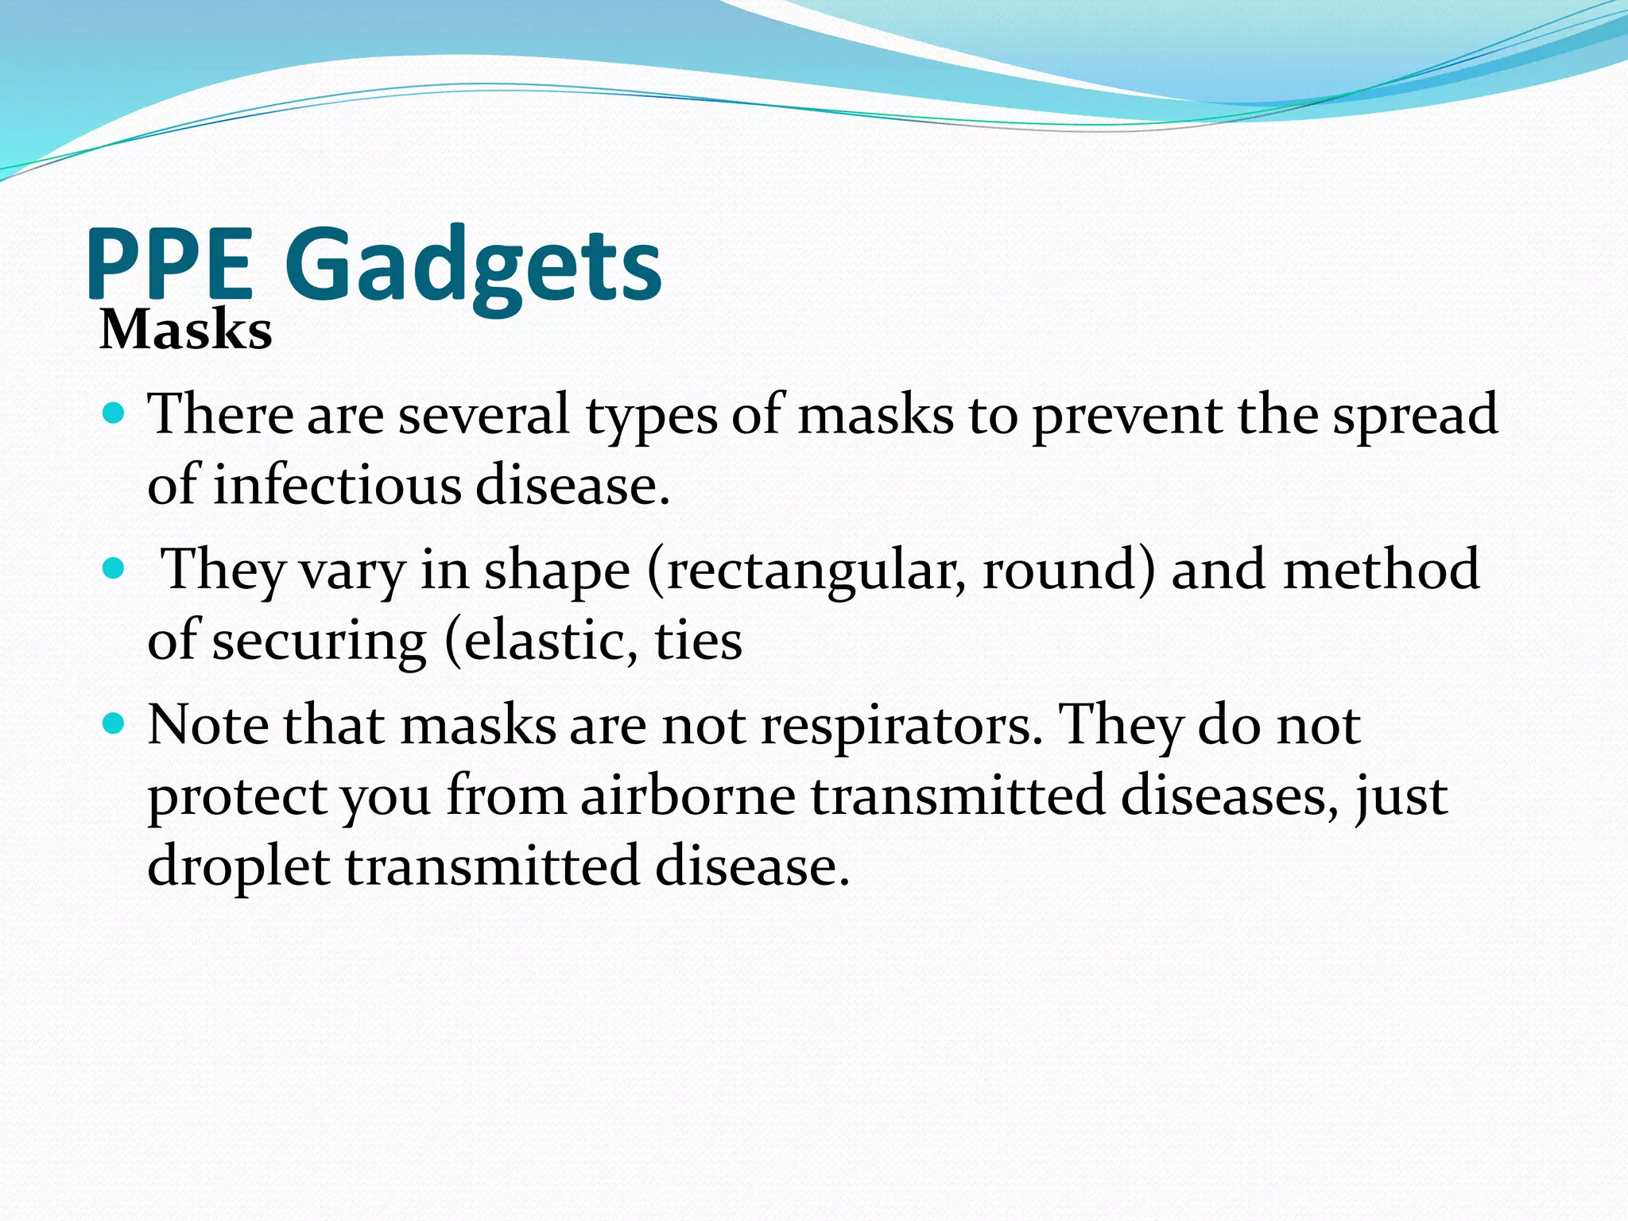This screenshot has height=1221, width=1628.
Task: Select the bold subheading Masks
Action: [186, 329]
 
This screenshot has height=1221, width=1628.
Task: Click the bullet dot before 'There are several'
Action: [114, 413]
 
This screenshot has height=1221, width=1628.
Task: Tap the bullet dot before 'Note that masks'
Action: [114, 724]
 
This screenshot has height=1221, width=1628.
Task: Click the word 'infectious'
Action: [337, 484]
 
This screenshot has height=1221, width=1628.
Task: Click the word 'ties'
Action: [698, 641]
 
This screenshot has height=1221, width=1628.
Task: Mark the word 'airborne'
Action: [688, 795]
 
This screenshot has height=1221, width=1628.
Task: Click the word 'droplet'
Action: [238, 866]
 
